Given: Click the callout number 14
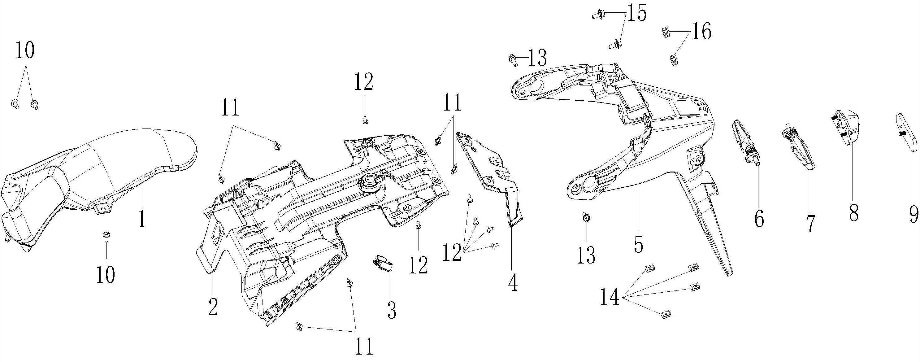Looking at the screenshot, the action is pos(610,297).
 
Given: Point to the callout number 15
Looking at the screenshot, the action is pos(636,13).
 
